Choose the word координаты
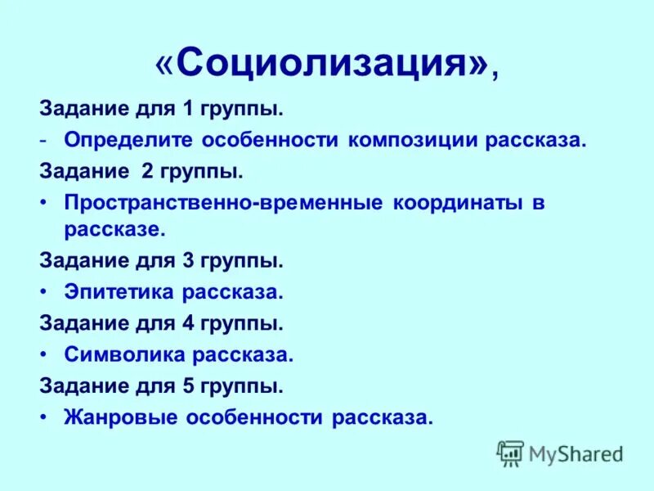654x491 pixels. pos(457,203)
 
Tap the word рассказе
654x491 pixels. pos(114,230)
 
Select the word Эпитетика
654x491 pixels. pos(119,292)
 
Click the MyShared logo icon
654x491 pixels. pos(511,453)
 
